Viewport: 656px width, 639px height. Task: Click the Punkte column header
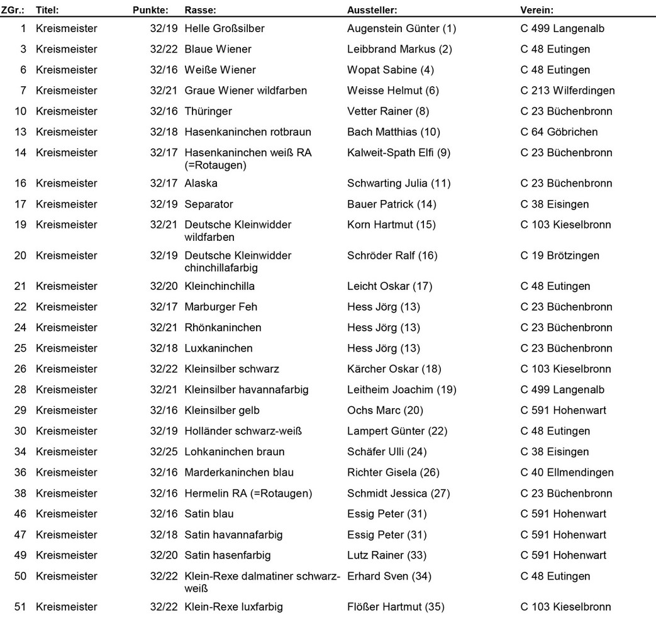(x=150, y=10)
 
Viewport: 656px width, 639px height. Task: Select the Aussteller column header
(x=372, y=10)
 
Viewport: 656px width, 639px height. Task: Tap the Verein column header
(x=536, y=10)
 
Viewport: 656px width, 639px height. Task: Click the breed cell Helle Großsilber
(x=224, y=28)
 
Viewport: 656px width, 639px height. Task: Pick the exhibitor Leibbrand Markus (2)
(x=399, y=49)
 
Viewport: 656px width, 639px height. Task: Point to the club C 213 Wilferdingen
(x=567, y=91)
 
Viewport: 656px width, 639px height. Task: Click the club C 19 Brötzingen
(x=560, y=255)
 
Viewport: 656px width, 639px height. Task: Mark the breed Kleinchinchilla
(x=220, y=286)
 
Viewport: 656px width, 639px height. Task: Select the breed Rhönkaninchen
(x=223, y=328)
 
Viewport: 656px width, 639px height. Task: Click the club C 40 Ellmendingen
(x=567, y=472)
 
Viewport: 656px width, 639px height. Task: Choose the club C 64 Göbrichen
(x=559, y=132)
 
